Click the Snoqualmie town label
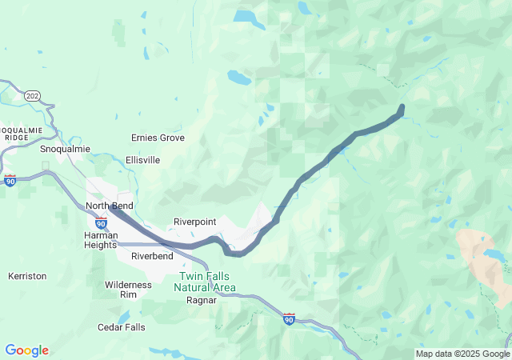(x=65, y=149)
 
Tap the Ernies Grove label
(x=158, y=138)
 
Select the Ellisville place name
(x=142, y=160)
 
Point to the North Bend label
(x=109, y=206)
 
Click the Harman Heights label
(x=100, y=240)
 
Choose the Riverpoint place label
(x=196, y=222)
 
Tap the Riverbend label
(x=152, y=257)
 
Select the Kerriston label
(x=27, y=276)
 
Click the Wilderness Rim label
(x=128, y=290)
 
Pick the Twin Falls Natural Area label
(x=206, y=281)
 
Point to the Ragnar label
(x=201, y=301)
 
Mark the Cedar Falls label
(x=122, y=327)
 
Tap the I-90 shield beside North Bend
(x=101, y=222)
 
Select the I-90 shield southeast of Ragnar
(x=289, y=319)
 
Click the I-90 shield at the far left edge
(x=10, y=181)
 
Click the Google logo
(x=26, y=350)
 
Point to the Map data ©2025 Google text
(x=462, y=354)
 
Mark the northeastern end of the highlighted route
(x=402, y=107)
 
